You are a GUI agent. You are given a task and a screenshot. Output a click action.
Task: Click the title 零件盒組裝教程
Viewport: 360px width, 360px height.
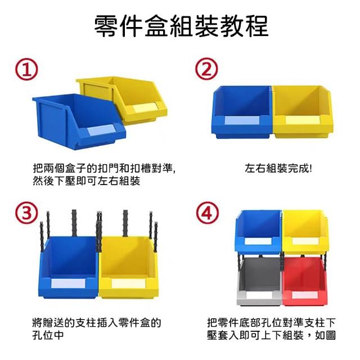181,26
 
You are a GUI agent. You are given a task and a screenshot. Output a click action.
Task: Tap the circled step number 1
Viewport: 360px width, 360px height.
26,69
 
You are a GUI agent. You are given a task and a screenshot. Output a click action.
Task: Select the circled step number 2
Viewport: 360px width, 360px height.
206,69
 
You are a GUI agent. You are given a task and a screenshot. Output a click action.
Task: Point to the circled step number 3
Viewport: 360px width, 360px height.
26,213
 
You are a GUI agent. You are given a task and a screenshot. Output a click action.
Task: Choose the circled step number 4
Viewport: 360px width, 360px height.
207,213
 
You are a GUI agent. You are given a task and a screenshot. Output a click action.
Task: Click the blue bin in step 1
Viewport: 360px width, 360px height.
79,121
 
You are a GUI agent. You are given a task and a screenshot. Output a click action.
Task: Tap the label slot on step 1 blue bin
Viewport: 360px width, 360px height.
101,130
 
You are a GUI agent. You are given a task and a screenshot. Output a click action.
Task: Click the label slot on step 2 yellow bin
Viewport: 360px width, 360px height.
303,120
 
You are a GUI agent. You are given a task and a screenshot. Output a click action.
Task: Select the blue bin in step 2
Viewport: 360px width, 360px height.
242,112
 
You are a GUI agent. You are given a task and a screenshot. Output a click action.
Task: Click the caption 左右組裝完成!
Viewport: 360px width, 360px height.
278,168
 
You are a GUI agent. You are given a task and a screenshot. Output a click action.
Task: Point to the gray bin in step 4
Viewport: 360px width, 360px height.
259,281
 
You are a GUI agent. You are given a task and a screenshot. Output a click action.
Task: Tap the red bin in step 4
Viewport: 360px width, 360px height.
305,281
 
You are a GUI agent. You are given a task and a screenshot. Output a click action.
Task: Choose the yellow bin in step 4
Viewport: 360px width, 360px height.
305,232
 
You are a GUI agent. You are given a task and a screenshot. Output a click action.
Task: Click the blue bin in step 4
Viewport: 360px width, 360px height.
258,232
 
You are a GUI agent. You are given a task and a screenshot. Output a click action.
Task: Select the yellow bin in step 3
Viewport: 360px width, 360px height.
129,268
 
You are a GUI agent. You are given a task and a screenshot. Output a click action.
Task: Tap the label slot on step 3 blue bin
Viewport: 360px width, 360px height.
68,283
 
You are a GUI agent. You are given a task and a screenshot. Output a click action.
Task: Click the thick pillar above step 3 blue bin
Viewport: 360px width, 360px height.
74,223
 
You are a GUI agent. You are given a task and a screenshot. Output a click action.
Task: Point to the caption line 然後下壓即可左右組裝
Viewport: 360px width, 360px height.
86,181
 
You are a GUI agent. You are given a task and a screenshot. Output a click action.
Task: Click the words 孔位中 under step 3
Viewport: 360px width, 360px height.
48,335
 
